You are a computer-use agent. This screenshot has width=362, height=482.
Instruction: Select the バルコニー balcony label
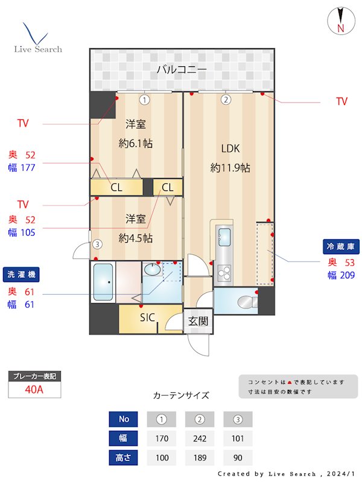[182, 69]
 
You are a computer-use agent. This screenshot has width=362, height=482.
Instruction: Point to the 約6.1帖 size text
[135, 144]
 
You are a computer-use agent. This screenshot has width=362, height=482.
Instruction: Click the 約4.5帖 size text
[135, 237]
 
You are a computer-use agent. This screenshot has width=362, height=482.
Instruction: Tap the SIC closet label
[147, 318]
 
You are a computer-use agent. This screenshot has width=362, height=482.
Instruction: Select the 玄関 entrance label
[198, 321]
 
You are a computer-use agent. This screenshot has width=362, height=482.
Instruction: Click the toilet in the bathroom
[244, 301]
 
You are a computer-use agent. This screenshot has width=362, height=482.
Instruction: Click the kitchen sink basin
[224, 236]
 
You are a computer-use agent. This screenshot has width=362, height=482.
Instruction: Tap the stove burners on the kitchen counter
[224, 274]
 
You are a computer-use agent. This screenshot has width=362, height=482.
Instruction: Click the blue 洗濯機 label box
[21, 274]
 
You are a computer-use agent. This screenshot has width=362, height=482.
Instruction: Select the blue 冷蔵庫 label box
[341, 246]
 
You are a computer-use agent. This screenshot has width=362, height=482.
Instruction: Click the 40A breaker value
[34, 389]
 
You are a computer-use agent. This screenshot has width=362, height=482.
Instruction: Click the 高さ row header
[123, 457]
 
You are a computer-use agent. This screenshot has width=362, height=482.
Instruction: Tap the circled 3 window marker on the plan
[97, 245]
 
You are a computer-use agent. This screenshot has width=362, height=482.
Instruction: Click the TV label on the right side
[341, 101]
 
